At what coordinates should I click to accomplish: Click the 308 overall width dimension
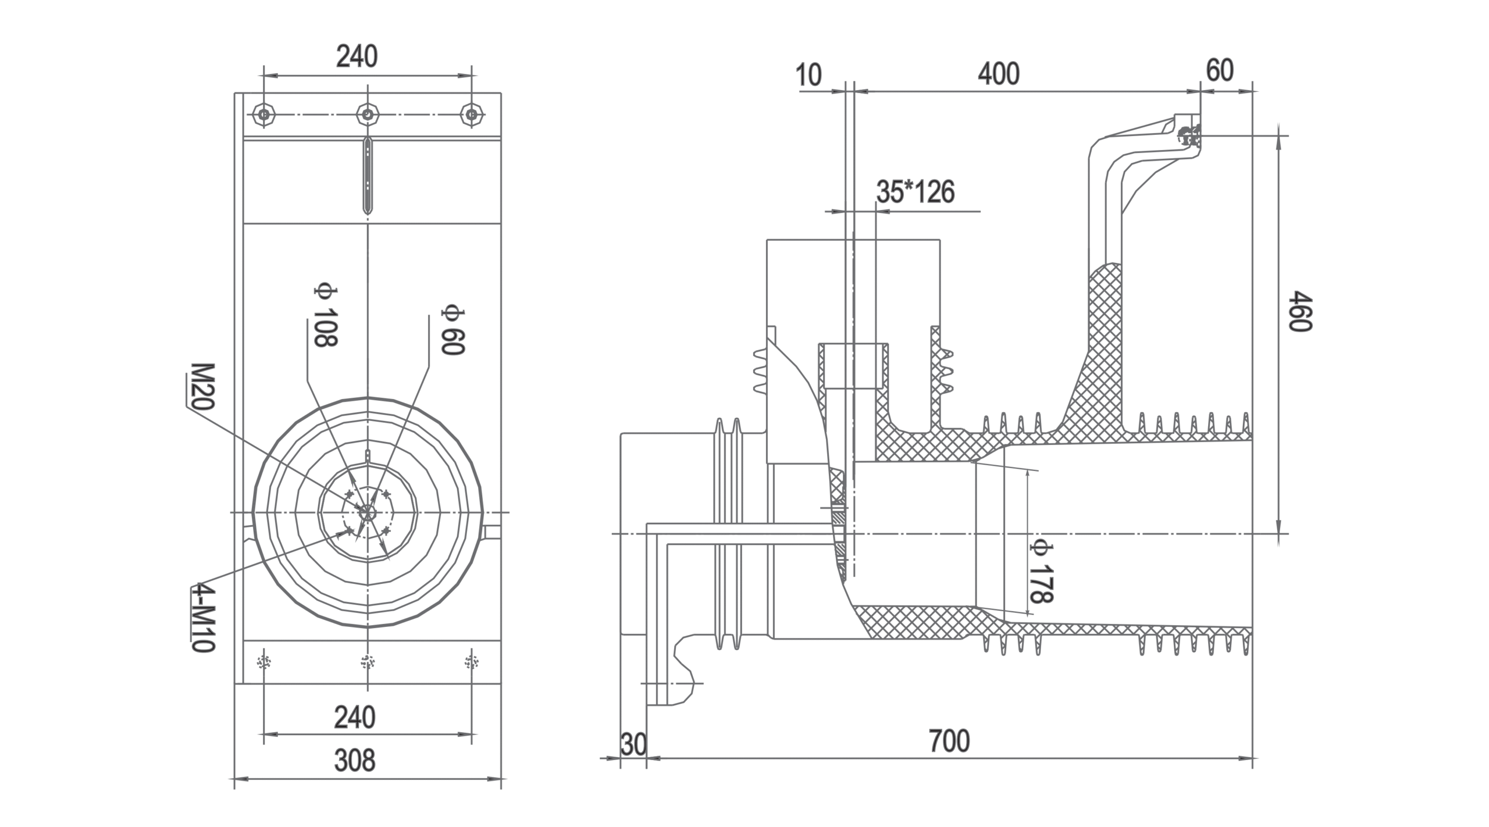pos(354,760)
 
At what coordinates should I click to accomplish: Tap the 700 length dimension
pos(949,741)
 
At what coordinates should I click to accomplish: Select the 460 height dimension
pos(1301,312)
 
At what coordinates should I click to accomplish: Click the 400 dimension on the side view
pos(998,74)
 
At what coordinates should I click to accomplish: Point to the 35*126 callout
pos(916,192)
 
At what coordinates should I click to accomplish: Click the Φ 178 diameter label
pos(1042,571)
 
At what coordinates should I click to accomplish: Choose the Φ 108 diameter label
pos(326,316)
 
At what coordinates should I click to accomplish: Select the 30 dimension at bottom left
pos(633,744)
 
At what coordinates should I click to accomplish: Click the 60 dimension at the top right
pos(1220,71)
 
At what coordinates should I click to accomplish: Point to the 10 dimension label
pos(808,75)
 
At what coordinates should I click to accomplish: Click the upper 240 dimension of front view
pos(357,56)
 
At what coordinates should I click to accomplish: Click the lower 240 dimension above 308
pos(354,718)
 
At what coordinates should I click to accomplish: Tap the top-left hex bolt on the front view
pos(264,115)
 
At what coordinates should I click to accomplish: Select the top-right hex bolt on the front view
pos(472,115)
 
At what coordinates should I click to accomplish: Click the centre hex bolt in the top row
pos(368,115)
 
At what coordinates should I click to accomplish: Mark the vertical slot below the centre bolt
pos(368,174)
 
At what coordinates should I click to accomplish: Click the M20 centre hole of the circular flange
pos(367,512)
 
